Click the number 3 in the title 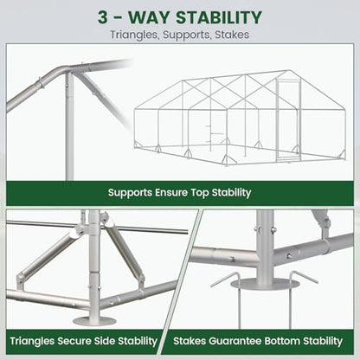[x=102, y=17]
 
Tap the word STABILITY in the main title [x=219, y=17]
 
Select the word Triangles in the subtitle [x=134, y=35]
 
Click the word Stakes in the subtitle [x=232, y=35]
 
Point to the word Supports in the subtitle [x=187, y=35]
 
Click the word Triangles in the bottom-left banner [x=32, y=341]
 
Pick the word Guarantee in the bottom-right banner [x=235, y=341]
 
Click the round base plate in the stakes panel [x=265, y=284]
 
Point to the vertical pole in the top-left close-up [x=69, y=127]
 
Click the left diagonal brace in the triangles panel [x=46, y=257]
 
